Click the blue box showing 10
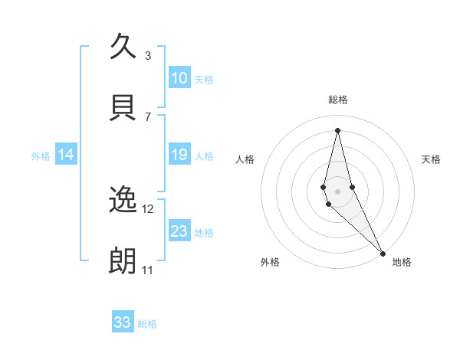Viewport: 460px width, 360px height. coord(179,78)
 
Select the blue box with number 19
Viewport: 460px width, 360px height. coord(179,155)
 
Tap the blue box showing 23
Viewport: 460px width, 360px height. coord(179,231)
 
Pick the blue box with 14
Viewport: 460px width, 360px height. coord(66,155)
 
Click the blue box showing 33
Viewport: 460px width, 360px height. coord(123,322)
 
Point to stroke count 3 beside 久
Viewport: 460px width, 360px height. coord(148,55)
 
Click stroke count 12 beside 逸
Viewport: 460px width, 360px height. coord(148,208)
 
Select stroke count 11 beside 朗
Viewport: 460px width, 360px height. coord(147,270)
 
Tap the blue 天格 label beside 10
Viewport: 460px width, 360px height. coord(204,79)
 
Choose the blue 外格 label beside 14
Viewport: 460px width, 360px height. coord(41,155)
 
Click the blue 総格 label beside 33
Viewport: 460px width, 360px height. coord(147,323)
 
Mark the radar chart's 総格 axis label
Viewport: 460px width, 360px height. coord(337,100)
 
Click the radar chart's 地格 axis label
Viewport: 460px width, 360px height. coord(402,262)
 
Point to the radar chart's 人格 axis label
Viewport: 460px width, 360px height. coord(245,159)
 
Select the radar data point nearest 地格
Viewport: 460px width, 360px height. coord(383,253)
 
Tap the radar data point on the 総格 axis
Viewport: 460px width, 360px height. coord(337,130)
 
